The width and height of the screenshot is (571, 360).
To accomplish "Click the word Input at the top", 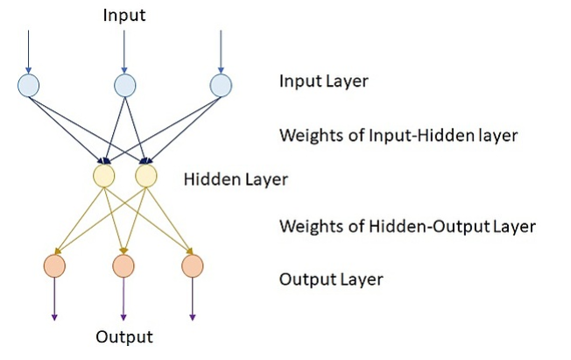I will coord(124,15).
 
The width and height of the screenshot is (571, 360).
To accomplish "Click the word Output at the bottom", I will coord(124,337).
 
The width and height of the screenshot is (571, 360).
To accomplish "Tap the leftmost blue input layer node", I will coord(29,85).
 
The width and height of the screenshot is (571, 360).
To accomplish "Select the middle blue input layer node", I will coord(124,85).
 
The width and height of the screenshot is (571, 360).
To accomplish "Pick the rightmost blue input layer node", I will coord(221,85).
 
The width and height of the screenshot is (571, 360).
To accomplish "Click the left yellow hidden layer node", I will coord(104,176).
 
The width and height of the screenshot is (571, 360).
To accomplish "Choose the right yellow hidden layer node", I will coord(146,176).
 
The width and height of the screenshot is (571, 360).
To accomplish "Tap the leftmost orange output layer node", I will coord(54,265).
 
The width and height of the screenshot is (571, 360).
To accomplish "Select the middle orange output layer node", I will coord(123,265).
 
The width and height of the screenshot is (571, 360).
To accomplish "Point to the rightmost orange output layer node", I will coord(192,265).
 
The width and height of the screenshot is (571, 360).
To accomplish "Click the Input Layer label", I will coord(323,82).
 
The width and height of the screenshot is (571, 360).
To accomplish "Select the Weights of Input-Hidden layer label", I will coord(398,136).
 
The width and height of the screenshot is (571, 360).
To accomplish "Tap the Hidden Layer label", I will coord(236,180).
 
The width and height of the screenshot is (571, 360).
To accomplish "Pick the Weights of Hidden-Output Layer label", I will coord(407,227).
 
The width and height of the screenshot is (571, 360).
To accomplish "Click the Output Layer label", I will coord(330,280).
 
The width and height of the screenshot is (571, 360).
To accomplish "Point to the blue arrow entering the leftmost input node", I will coord(29,51).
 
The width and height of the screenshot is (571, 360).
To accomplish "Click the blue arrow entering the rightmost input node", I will coord(221,51).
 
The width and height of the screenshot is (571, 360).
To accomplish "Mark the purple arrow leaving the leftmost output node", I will coord(54,299).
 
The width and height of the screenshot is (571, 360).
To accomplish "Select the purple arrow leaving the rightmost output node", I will coord(192,299).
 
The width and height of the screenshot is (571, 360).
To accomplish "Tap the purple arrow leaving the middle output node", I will coord(123,299).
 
